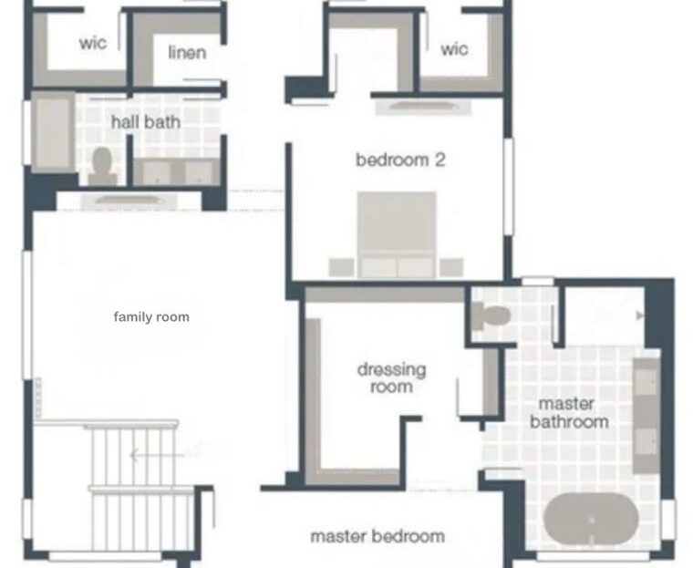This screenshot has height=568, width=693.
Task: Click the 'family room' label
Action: [x=151, y=317]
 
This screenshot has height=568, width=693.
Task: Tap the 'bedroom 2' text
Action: [x=400, y=160]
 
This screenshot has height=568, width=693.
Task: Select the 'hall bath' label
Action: [x=146, y=121]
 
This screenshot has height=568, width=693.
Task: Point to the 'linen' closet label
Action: [x=187, y=52]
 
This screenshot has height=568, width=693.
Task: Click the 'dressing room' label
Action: [x=391, y=377]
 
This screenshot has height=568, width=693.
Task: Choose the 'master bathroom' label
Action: [x=568, y=412]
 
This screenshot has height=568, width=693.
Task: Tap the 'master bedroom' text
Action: [x=378, y=536]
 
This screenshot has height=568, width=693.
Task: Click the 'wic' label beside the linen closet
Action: [x=93, y=43]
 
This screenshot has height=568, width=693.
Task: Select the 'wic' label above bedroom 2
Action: [x=454, y=48]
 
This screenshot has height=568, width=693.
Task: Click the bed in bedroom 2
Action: [x=397, y=233]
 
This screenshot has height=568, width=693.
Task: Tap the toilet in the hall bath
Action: [x=102, y=163]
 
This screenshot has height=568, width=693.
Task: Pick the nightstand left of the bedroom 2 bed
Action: [x=341, y=266]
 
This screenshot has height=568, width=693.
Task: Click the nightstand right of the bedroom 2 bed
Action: [x=451, y=266]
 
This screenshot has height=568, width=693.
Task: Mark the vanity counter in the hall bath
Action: [x=174, y=171]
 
